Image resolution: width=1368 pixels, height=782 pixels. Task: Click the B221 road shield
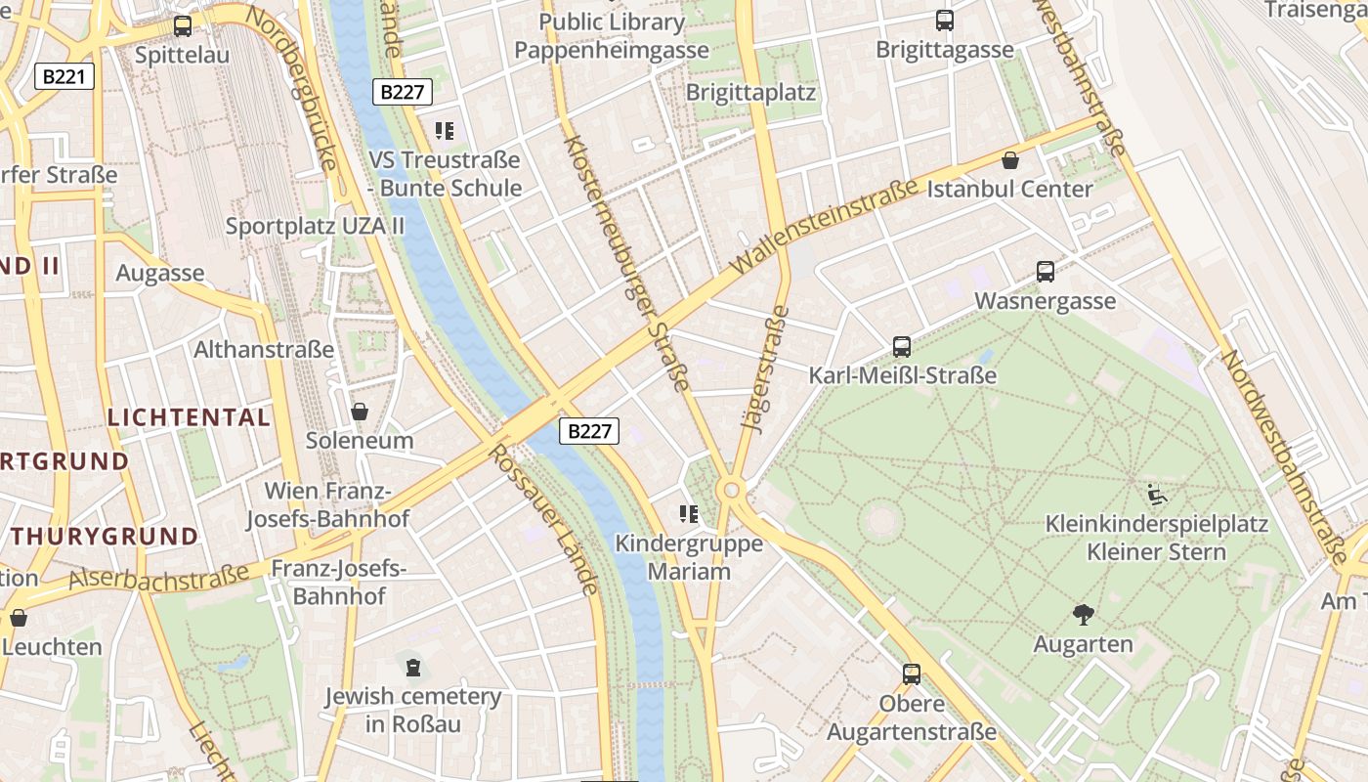tap(64, 76)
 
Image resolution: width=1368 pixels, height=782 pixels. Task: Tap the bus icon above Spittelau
tap(183, 26)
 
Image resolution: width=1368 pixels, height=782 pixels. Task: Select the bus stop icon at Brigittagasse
tap(944, 21)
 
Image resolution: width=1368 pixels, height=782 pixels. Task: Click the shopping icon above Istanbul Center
tap(1010, 160)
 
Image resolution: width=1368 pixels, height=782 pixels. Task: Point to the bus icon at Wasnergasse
tap(1045, 272)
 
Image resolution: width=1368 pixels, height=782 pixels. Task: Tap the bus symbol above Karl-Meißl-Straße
tap(902, 346)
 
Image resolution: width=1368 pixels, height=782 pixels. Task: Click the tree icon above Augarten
tap(1083, 615)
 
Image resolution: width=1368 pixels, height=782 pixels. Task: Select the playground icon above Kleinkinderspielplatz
tap(1157, 494)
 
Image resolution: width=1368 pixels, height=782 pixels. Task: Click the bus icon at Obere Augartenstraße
tap(912, 673)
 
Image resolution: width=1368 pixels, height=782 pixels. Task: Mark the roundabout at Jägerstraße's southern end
tap(730, 490)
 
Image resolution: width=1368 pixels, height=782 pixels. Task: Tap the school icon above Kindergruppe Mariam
tap(689, 514)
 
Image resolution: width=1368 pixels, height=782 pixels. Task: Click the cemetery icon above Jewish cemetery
tap(413, 668)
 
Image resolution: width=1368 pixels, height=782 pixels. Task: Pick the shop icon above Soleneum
tap(360, 412)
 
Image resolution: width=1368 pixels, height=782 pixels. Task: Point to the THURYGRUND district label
tap(106, 536)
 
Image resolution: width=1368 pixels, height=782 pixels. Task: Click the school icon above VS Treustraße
tap(445, 130)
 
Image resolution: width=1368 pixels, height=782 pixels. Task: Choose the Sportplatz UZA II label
tap(315, 226)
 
